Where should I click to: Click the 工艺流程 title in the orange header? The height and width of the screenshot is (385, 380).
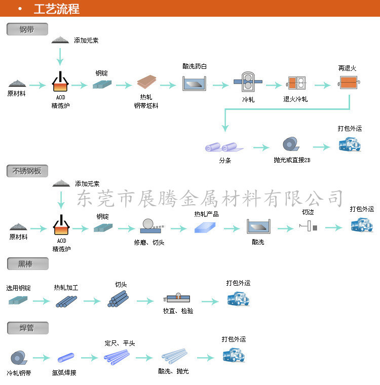tap(56, 9)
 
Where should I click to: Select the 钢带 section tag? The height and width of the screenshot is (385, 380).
tap(27, 29)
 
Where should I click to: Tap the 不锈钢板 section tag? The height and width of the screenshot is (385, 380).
tap(27, 171)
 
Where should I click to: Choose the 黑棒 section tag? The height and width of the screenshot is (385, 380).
tap(27, 263)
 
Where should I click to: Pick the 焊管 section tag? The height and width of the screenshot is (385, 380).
tap(27, 328)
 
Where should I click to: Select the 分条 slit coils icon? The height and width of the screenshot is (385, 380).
tap(223, 147)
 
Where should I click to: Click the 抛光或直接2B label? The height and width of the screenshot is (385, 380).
tap(292, 160)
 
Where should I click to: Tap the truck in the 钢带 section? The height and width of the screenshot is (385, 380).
tap(350, 145)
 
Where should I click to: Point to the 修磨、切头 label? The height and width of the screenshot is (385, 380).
tap(149, 242)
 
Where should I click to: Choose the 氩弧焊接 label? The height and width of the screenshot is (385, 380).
tap(64, 373)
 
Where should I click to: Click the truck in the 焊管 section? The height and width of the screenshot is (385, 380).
tap(234, 355)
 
